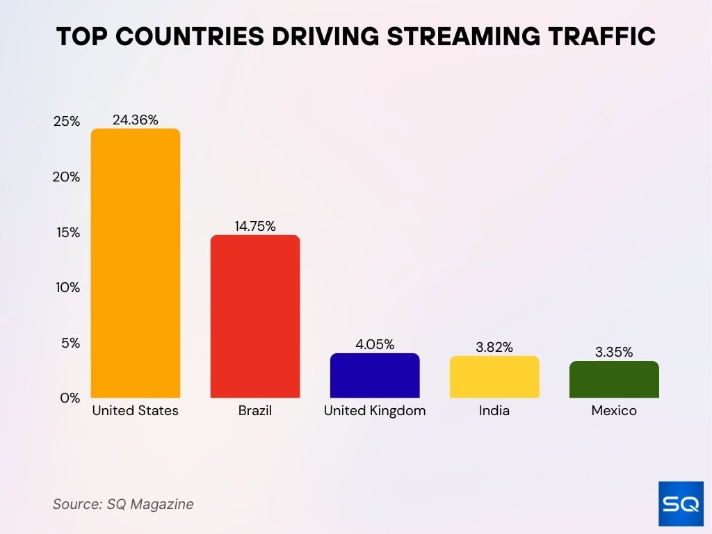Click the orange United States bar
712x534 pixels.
136,264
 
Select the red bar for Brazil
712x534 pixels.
255,316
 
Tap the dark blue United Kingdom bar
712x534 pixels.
375,375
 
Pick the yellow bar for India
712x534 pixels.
494,377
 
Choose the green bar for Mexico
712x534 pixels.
614,380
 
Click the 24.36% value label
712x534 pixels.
136,120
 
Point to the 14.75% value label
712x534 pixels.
255,226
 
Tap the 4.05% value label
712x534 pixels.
375,344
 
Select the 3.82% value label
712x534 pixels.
494,347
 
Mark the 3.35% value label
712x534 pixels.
614,352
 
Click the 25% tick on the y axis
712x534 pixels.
67,122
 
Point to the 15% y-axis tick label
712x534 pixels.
67,232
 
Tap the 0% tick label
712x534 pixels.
70,398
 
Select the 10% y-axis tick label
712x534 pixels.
67,288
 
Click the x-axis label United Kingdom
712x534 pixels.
375,411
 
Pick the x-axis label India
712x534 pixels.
494,411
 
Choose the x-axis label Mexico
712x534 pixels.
614,411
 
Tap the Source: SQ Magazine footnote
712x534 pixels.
123,504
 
